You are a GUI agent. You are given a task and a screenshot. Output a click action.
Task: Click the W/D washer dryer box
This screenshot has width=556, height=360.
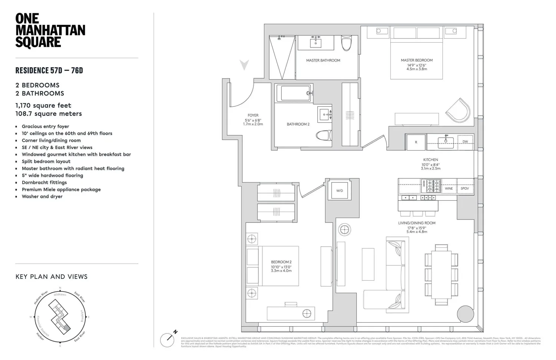pos(340,191)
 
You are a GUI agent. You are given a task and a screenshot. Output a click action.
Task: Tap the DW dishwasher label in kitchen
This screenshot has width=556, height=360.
pos(465,142)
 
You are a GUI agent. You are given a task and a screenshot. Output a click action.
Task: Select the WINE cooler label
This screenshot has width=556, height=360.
pos(449,188)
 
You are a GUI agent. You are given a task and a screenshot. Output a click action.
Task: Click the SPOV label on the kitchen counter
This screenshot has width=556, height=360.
pos(465,188)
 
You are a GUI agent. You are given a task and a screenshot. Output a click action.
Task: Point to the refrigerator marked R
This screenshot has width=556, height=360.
pos(416,142)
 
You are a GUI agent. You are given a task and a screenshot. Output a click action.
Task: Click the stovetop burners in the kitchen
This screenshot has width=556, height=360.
pos(431,186)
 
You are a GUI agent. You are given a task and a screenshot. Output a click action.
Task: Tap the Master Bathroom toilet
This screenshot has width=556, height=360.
pos(346,43)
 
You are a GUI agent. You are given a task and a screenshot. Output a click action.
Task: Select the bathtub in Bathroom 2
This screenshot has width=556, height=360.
pos(295,93)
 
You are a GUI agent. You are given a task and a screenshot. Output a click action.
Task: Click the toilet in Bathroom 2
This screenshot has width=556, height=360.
pos(324,135)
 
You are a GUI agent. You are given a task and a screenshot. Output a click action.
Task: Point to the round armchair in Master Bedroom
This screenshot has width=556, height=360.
pos(458,110)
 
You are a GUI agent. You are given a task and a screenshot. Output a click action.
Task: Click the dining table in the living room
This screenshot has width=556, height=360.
pos(441,274)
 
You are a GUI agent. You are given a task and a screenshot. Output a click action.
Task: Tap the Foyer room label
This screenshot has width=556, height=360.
pos(253,115)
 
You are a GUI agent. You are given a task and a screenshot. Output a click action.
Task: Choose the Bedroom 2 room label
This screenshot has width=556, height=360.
pos(281,262)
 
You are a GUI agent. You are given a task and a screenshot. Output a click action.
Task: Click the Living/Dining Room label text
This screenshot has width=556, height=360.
pos(417,223)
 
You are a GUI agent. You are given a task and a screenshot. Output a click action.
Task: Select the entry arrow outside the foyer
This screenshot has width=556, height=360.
pos(244,65)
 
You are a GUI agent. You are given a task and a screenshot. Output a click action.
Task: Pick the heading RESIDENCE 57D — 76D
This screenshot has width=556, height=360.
pos(49,70)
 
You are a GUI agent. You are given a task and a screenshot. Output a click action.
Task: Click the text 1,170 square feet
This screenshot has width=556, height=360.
pos(43,105)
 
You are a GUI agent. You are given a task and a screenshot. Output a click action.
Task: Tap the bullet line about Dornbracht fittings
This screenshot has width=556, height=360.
pos(44,182)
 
